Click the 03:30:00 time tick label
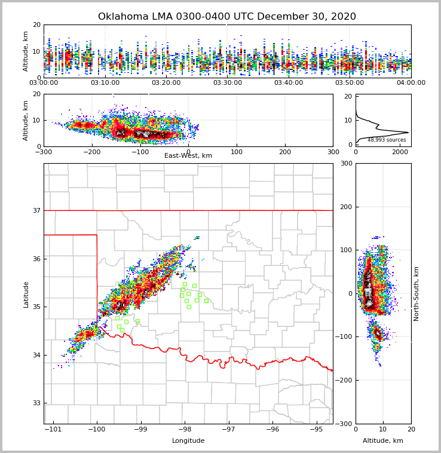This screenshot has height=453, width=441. (228, 82)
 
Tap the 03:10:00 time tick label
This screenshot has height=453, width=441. (105, 82)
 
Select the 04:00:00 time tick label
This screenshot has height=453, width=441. (411, 82)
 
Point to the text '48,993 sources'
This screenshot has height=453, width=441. (387, 140)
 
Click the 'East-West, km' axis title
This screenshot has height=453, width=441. (188, 156)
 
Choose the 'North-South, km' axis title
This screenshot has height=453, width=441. (416, 293)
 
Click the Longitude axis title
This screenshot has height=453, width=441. (188, 441)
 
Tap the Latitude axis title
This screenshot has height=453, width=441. (26, 294)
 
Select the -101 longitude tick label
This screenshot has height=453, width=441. (54, 429)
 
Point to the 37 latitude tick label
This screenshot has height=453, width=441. (36, 210)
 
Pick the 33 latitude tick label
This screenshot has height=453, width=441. (36, 403)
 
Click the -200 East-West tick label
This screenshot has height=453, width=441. (92, 152)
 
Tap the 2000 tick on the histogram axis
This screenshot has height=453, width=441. (399, 152)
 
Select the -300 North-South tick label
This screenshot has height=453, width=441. (345, 424)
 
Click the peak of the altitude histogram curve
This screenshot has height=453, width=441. (408, 133)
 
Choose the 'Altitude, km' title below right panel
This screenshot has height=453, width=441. (383, 441)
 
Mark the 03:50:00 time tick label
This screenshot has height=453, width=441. (350, 82)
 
